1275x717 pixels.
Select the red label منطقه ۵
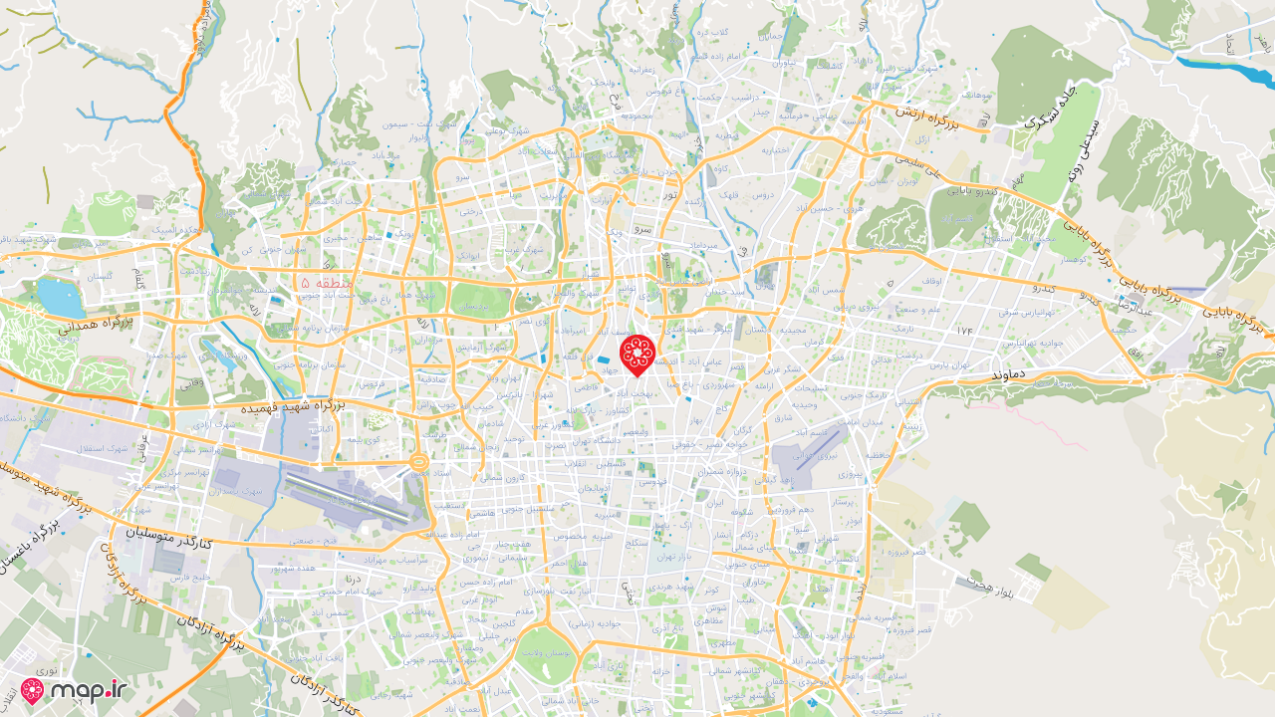(325, 284)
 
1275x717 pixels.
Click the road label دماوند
(1010, 373)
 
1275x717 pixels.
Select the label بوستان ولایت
(546, 653)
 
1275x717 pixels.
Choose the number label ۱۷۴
(963, 329)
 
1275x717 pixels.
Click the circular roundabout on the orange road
(418, 463)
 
